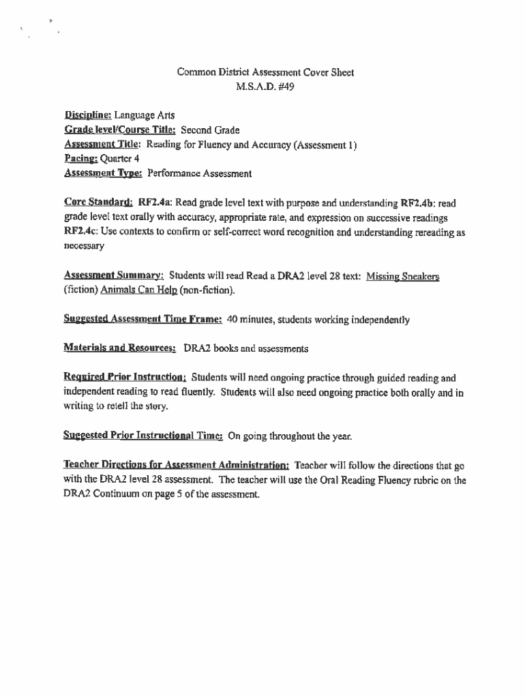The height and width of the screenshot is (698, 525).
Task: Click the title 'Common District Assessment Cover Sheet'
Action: [x=265, y=72]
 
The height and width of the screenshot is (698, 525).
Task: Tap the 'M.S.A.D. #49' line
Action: [x=265, y=87]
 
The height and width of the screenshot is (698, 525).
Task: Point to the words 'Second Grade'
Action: [x=209, y=130]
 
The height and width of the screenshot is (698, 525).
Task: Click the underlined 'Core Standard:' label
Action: [x=98, y=202]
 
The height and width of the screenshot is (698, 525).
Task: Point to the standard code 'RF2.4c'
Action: [x=81, y=232]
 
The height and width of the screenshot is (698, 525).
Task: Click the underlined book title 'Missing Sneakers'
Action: [x=402, y=276]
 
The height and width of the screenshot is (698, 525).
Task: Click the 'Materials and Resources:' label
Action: [x=120, y=348]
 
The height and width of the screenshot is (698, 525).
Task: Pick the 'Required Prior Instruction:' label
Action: [x=125, y=378]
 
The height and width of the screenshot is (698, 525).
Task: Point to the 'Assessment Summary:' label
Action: [x=113, y=276]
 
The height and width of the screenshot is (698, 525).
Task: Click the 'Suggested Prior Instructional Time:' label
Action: [x=142, y=436]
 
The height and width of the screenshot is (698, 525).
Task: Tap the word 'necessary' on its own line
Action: [x=84, y=246]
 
